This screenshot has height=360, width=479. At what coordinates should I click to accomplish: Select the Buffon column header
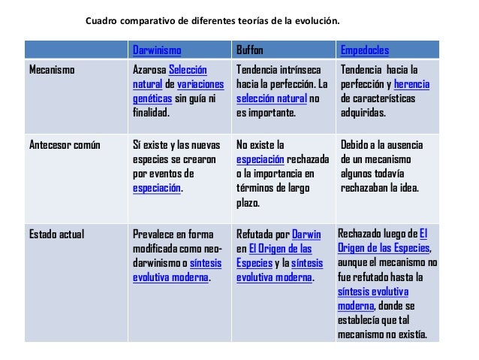coord(250,51)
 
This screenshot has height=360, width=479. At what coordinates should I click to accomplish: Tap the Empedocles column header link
coord(364,51)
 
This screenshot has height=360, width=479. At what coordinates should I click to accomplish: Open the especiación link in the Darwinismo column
coord(157,189)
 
